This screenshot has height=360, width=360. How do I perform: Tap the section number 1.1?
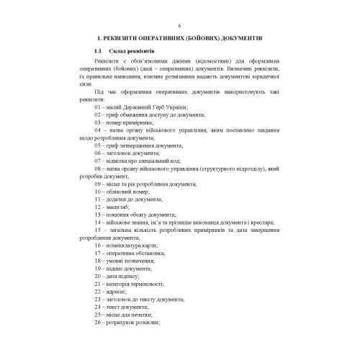98,51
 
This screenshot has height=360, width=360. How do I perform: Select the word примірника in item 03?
138,122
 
